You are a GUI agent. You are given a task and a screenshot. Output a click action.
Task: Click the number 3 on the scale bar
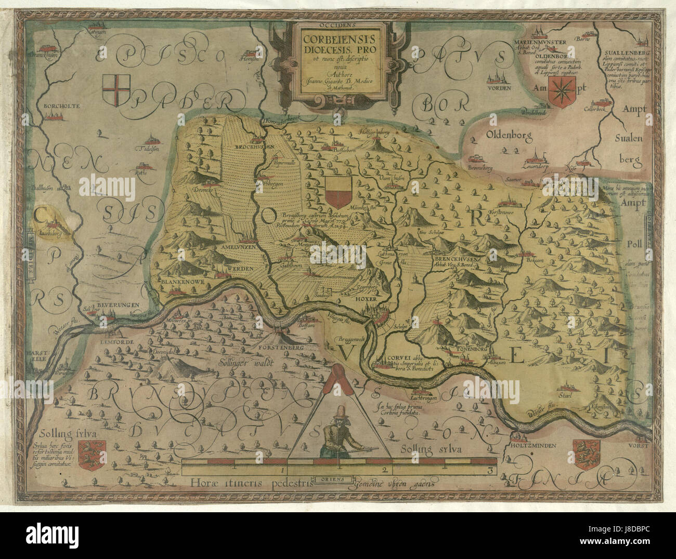[489, 470]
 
